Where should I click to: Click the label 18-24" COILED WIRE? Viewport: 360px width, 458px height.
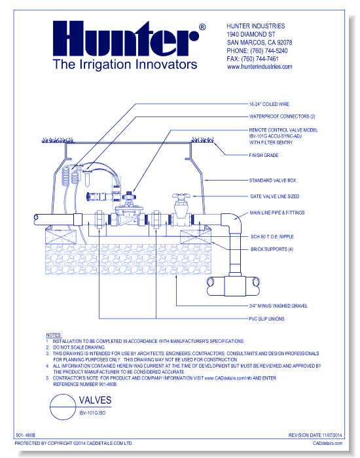tap(270, 104)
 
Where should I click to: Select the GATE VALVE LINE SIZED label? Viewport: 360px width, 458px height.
tap(274, 196)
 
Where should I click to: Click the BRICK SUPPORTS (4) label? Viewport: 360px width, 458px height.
tap(272, 249)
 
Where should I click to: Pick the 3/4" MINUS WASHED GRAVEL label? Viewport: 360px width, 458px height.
tap(278, 306)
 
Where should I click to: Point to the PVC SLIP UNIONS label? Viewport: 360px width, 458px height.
tap(267, 318)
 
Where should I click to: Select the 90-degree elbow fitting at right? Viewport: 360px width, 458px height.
tap(231, 223)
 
